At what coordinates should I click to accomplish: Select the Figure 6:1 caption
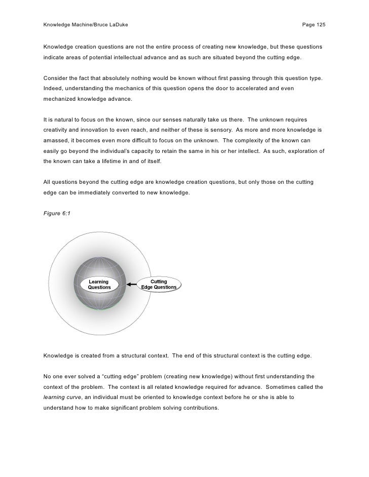click(57, 213)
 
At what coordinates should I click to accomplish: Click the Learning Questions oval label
click(99, 285)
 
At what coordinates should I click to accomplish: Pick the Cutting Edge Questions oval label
click(159, 285)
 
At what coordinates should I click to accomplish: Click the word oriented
click(154, 397)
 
